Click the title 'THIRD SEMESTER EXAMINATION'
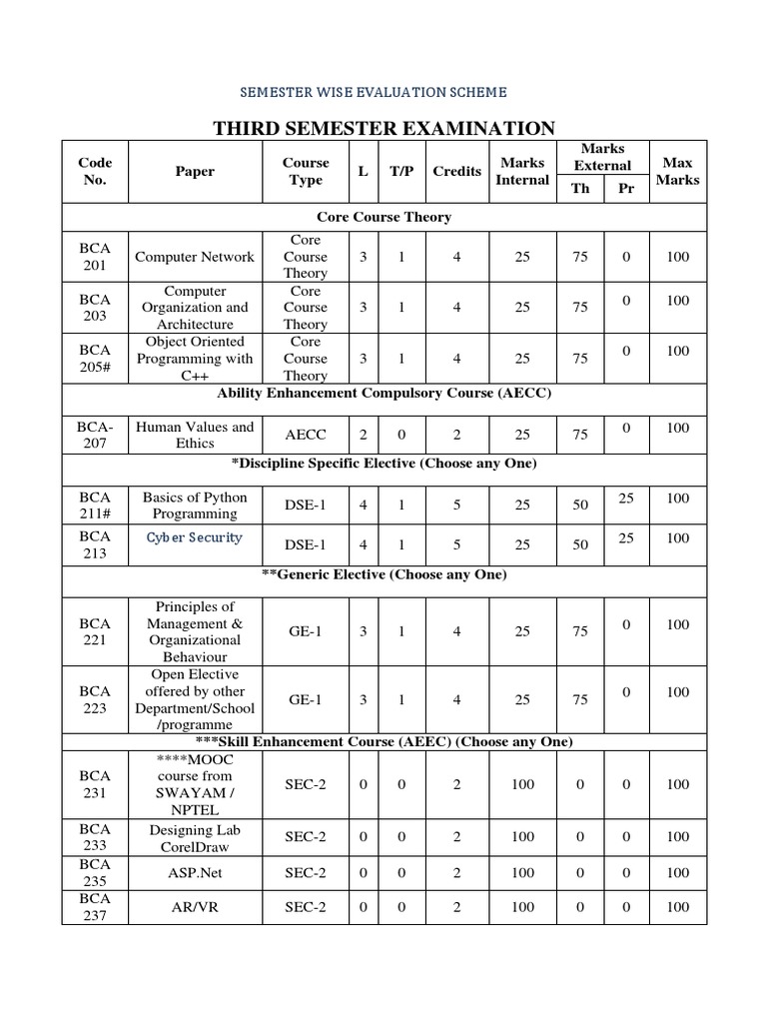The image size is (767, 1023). (x=384, y=128)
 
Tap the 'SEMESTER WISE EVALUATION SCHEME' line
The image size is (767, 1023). (x=374, y=92)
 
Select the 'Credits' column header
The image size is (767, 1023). (x=456, y=171)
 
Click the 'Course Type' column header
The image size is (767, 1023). (x=306, y=171)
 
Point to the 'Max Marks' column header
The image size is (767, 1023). (x=677, y=171)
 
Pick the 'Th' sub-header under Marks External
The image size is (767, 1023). (x=580, y=188)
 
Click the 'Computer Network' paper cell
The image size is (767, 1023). (x=195, y=257)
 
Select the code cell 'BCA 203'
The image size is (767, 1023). (x=96, y=308)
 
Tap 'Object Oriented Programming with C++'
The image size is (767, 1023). (x=195, y=359)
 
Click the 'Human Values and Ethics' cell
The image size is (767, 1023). (x=195, y=435)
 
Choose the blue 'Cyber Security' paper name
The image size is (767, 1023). (x=195, y=537)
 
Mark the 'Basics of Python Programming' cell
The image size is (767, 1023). (x=195, y=506)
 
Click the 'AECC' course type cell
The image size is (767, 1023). (x=306, y=436)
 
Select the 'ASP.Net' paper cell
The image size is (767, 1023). (x=195, y=872)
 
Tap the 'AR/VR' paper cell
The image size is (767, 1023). (x=195, y=907)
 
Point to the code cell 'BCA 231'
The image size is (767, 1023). (x=96, y=784)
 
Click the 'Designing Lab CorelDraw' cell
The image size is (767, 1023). (x=195, y=838)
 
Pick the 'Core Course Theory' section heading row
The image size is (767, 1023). (x=383, y=217)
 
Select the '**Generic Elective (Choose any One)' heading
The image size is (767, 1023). (x=383, y=575)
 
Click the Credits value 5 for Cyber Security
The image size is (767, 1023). (x=456, y=544)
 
